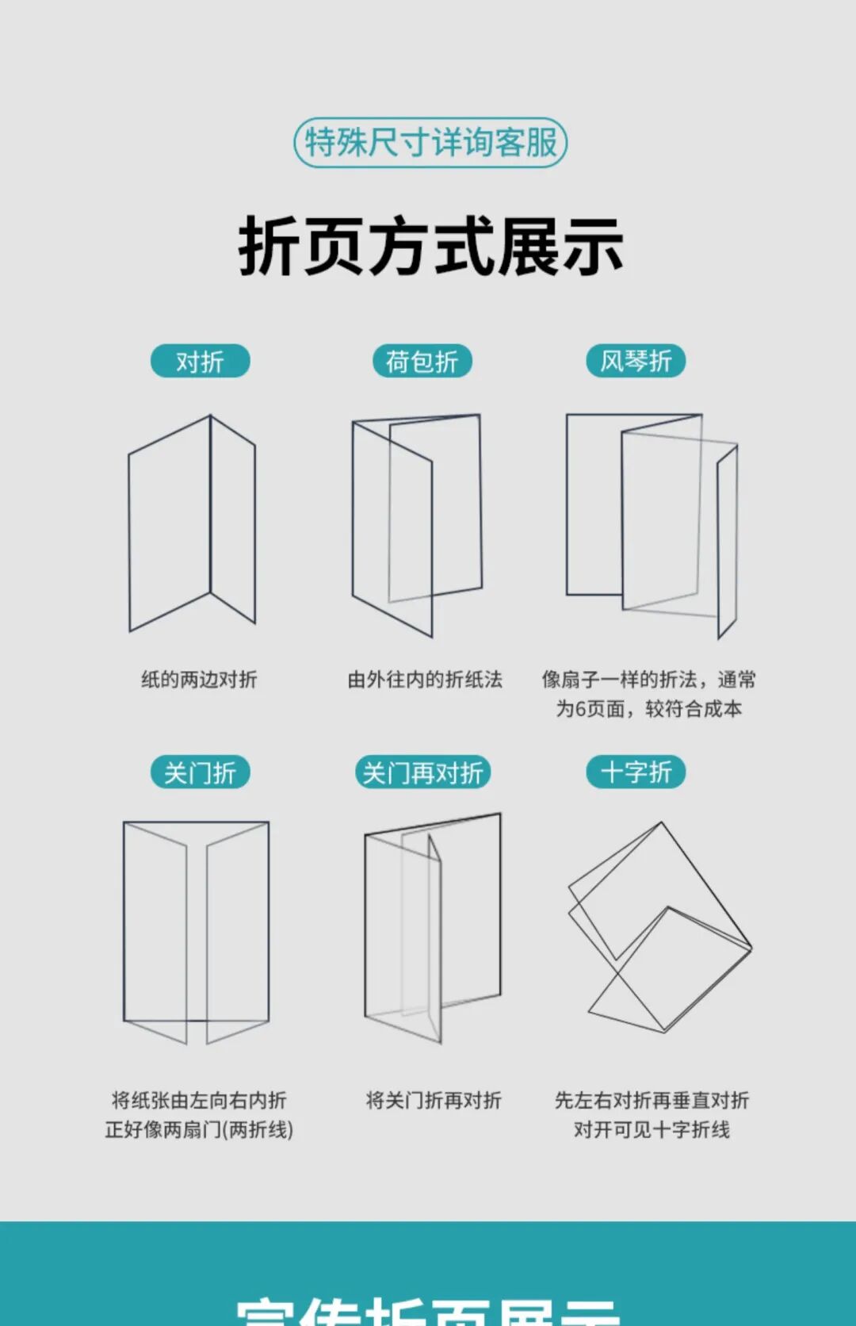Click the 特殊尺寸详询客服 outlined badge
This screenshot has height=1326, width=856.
pyautogui.click(x=430, y=143)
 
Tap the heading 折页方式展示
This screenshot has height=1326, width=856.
pyautogui.click(x=430, y=247)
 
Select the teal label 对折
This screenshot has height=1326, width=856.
pyautogui.click(x=200, y=362)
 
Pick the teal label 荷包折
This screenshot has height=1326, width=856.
pyautogui.click(x=422, y=362)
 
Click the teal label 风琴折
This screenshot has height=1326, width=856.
pyautogui.click(x=636, y=362)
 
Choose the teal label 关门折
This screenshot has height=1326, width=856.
pyautogui.click(x=200, y=772)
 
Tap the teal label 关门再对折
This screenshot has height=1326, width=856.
pyautogui.click(x=422, y=772)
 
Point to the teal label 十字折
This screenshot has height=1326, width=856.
pyautogui.click(x=636, y=772)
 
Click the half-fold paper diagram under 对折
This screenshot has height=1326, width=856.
pyautogui.click(x=192, y=523)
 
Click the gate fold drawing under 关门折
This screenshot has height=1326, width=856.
pyautogui.click(x=196, y=932)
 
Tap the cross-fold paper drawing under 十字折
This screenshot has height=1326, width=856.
pyautogui.click(x=659, y=928)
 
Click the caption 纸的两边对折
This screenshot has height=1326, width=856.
pyautogui.click(x=199, y=680)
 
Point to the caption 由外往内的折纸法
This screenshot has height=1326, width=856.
pyautogui.click(x=425, y=680)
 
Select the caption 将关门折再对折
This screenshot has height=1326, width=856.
pyautogui.click(x=434, y=1101)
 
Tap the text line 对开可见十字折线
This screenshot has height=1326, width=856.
pyautogui.click(x=652, y=1129)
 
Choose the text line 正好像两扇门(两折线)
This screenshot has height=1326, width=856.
pyautogui.click(x=199, y=1129)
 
